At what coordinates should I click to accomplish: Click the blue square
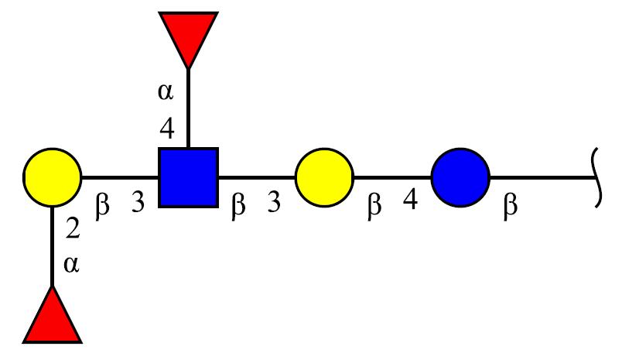pyautogui.click(x=189, y=177)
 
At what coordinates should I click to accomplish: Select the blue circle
pyautogui.click(x=460, y=177)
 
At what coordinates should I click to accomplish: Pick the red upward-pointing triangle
pyautogui.click(x=53, y=316)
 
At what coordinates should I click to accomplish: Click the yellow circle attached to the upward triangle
pyautogui.click(x=53, y=177)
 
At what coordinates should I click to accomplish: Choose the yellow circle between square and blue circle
pyautogui.click(x=324, y=177)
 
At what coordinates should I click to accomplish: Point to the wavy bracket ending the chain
pyautogui.click(x=598, y=177)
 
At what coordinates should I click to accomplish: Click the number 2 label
pyautogui.click(x=73, y=228)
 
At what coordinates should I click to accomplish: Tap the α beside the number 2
pyautogui.click(x=71, y=264)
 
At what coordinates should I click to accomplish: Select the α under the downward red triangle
pyautogui.click(x=166, y=91)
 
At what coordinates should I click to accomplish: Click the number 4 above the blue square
pyautogui.click(x=167, y=129)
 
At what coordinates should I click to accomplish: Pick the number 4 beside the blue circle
pyautogui.click(x=410, y=199)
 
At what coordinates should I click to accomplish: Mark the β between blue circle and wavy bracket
pyautogui.click(x=511, y=207)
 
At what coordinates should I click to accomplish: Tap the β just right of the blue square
pyautogui.click(x=238, y=207)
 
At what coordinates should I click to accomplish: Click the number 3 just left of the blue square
pyautogui.click(x=138, y=202)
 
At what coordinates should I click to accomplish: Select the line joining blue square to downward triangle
pyautogui.click(x=189, y=108)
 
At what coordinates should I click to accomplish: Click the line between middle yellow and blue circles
pyautogui.click(x=393, y=177)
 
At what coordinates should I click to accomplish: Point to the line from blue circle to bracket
pyautogui.click(x=542, y=177)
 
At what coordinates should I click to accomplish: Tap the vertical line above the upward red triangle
pyautogui.click(x=53, y=246)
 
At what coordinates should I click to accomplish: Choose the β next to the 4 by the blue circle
pyautogui.click(x=374, y=207)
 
